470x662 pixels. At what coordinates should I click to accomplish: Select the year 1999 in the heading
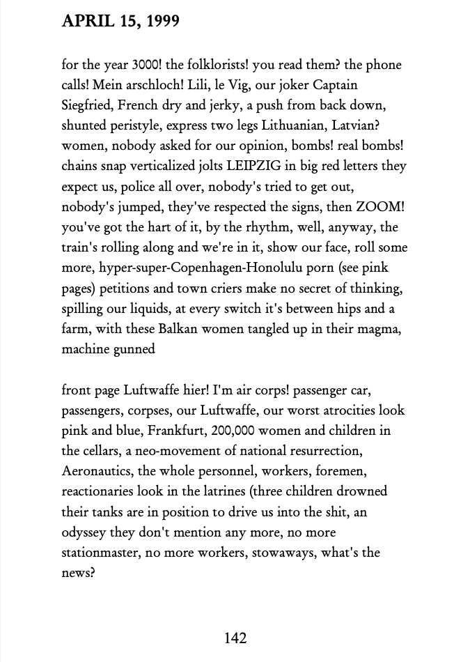point(161,22)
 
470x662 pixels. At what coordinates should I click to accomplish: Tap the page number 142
point(235,637)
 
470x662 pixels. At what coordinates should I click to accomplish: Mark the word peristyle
point(134,125)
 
